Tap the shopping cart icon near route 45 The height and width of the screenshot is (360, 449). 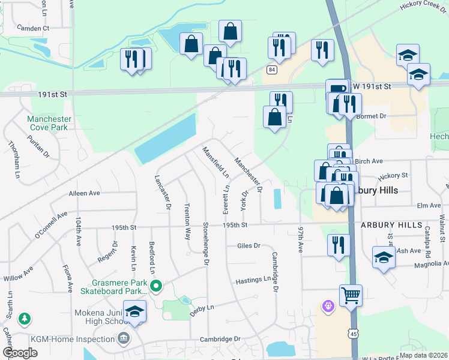[x=351, y=295]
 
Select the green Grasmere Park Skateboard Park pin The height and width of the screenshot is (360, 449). [x=156, y=285]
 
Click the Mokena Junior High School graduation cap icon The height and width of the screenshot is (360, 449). [x=134, y=311]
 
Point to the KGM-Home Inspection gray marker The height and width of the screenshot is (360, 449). [x=124, y=339]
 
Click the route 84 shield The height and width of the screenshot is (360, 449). [x=273, y=70]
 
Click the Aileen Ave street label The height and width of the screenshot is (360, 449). [x=85, y=193]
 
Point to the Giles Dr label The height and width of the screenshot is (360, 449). [x=249, y=245]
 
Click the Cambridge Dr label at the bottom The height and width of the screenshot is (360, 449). [x=217, y=339]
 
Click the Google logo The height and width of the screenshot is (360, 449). [x=20, y=352]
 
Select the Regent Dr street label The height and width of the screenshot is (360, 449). [x=108, y=252]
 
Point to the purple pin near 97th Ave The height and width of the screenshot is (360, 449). [x=327, y=307]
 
